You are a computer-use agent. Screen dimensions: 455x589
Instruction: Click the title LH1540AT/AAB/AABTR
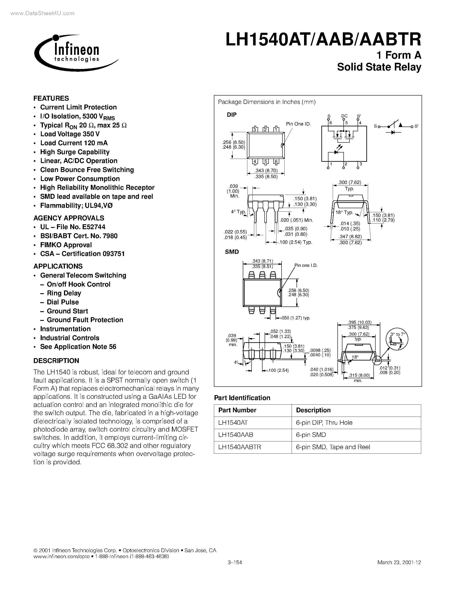click(323, 40)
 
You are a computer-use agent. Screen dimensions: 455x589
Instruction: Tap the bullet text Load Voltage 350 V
click(70, 134)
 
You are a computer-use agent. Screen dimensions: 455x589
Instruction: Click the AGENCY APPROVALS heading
click(69, 218)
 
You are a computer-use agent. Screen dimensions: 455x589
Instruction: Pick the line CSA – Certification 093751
click(82, 254)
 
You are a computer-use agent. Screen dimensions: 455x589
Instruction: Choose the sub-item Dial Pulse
click(63, 302)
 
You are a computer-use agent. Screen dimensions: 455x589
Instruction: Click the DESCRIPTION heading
click(56, 361)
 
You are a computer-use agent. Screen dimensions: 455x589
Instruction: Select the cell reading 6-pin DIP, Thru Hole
click(324, 423)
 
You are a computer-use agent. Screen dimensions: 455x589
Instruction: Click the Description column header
click(313, 410)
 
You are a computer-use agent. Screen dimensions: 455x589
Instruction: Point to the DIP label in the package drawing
click(231, 115)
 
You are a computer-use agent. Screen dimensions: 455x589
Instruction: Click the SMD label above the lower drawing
click(232, 252)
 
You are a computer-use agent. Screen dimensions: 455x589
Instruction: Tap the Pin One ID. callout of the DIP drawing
click(298, 124)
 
